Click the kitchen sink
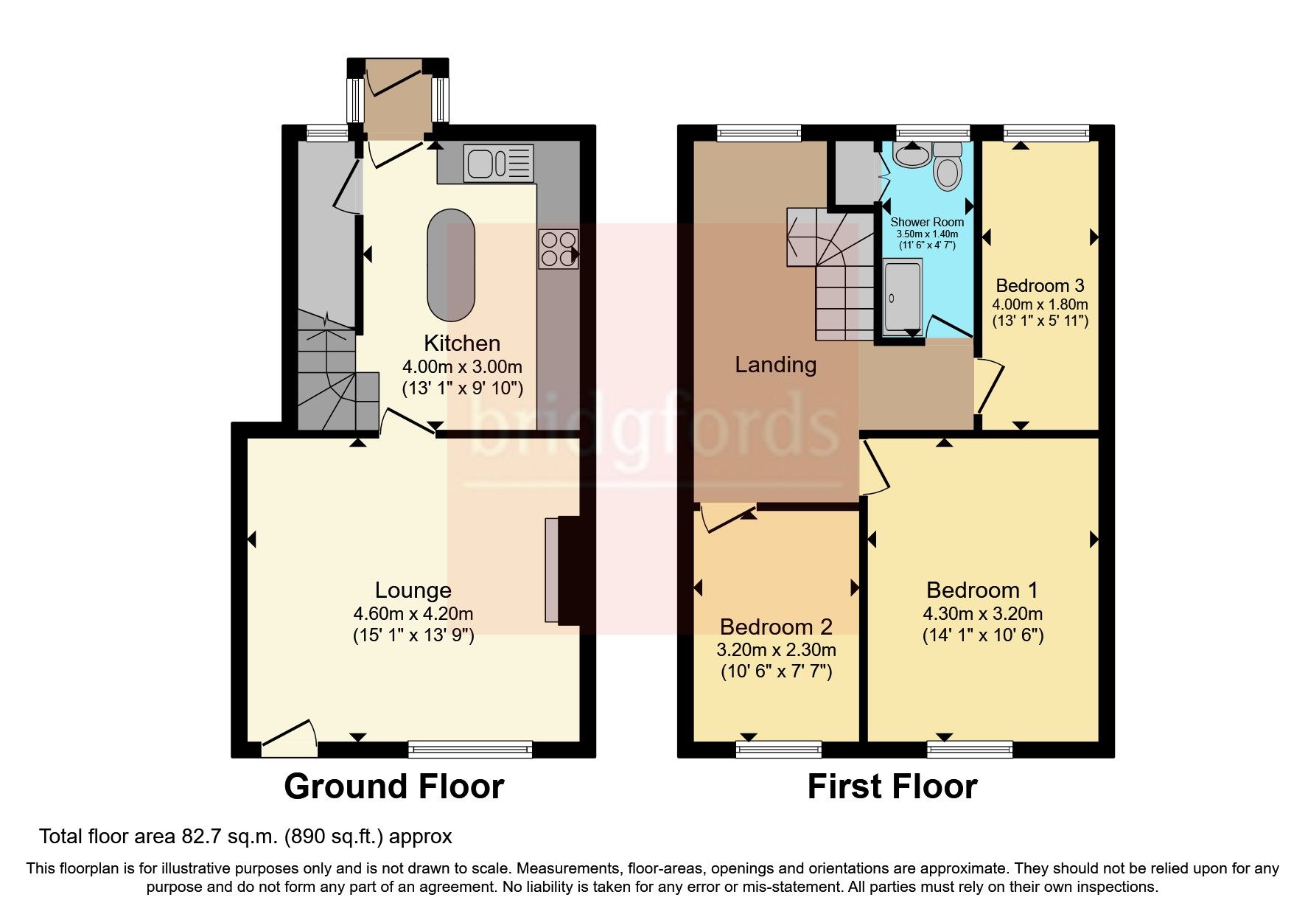point(498,163)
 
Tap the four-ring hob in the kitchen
point(559,249)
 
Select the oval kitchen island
point(451,265)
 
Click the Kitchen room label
point(462,343)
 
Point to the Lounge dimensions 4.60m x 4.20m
point(413,613)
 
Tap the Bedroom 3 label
point(1040,286)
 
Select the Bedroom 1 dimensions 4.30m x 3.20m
point(983,613)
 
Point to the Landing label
point(775,365)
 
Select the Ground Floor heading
point(393,786)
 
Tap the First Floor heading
point(892,786)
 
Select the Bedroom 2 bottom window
point(779,750)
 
